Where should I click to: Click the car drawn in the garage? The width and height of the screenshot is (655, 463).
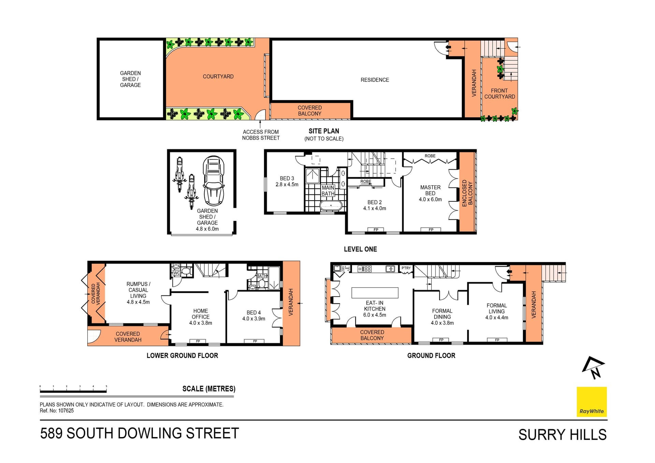[x=214, y=181]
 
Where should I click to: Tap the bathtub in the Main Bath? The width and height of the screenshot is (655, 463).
[x=331, y=206]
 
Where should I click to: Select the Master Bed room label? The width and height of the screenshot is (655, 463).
[x=430, y=190]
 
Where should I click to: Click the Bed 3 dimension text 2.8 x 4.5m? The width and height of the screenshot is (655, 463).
[x=287, y=185]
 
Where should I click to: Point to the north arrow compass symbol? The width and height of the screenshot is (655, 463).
[x=593, y=367]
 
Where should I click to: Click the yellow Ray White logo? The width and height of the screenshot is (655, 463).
[x=592, y=402]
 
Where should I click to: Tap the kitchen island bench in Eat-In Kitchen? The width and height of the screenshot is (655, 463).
[x=375, y=293]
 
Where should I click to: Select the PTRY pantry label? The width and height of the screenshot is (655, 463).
[x=406, y=268]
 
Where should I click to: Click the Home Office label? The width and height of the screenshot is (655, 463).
[x=201, y=314]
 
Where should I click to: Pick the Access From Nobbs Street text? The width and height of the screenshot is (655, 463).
[x=261, y=135]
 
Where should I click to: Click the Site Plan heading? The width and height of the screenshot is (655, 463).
[x=324, y=131]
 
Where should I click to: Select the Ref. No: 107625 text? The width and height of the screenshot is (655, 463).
[x=57, y=411]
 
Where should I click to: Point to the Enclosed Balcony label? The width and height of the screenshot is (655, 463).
[x=467, y=193]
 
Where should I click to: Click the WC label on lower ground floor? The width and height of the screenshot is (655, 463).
[x=176, y=273]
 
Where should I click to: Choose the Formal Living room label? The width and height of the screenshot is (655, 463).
[x=496, y=308]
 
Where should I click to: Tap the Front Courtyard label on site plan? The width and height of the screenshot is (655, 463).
[x=499, y=93]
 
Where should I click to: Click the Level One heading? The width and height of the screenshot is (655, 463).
[x=360, y=249]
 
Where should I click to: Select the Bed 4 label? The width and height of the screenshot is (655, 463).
[x=253, y=313]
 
